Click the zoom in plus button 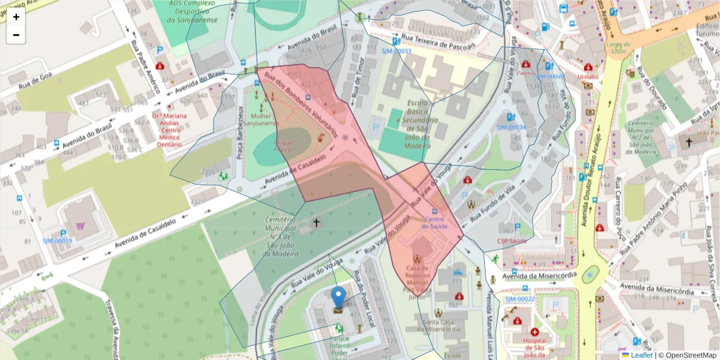coord(16,17)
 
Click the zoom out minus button coord(16,35)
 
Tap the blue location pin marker coord(338,298)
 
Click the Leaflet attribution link coord(641,355)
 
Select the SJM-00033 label coord(396,52)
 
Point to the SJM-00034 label coord(511,127)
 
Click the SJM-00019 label coord(57,241)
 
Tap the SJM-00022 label coord(520,299)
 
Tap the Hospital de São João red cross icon coord(535,332)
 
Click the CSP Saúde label coord(511,241)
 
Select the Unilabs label coord(588,77)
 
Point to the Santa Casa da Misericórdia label coord(441,326)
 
